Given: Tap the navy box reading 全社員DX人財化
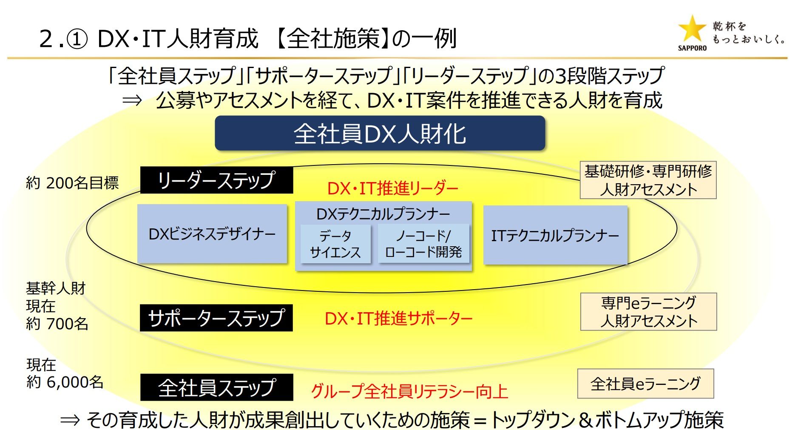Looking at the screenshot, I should point(380,134).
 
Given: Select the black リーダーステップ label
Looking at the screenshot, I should point(216,180).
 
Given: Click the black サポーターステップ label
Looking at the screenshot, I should point(216,318).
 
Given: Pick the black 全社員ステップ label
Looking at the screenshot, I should point(216,387).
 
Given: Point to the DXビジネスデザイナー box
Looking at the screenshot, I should point(212,234).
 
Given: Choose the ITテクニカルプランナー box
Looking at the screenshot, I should point(555,235).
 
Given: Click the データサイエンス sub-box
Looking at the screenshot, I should point(335,244).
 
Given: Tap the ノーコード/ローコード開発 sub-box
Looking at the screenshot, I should point(423,244).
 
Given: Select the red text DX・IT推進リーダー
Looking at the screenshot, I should point(392,188).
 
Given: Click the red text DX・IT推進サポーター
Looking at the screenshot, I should point(398,319).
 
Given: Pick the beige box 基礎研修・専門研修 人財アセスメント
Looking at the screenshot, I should point(648,180).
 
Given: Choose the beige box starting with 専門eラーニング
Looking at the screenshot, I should point(648,312).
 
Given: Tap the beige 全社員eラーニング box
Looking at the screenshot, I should point(645,384).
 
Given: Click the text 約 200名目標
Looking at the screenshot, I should point(72,183).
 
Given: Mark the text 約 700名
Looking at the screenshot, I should point(57,324).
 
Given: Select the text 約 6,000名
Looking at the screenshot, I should point(65,382).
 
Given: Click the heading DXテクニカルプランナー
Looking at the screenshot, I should point(383,214).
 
